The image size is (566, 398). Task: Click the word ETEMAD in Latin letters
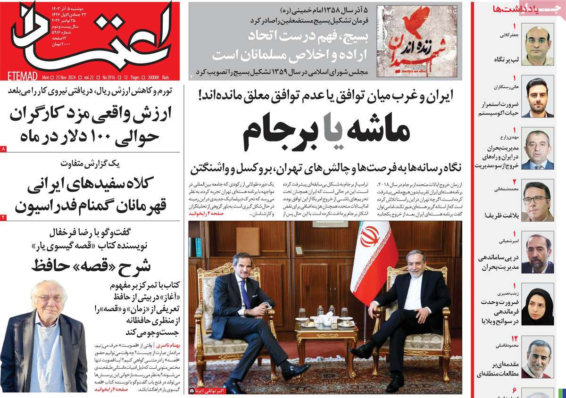(x=23, y=76)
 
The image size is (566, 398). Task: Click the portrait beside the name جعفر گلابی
(x=537, y=46)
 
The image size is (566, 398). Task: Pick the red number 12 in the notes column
(x=515, y=338)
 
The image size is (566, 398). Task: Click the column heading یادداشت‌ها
(x=509, y=9)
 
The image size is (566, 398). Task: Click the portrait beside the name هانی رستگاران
(x=537, y=98)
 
